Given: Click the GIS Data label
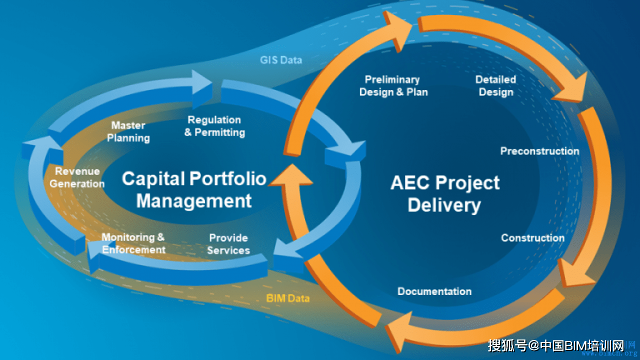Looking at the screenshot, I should (281, 60).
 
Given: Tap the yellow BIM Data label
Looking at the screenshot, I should (287, 298).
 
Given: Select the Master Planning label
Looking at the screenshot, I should (128, 131).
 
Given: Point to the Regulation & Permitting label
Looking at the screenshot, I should (214, 126).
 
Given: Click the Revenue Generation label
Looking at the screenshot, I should (77, 177).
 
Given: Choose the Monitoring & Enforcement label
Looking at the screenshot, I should (133, 243).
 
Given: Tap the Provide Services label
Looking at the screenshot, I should (228, 244).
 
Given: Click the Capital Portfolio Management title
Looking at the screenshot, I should (194, 189).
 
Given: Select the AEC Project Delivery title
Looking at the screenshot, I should (444, 193).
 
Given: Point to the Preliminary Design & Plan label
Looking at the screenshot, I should (393, 85).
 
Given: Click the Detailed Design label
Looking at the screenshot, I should (495, 85).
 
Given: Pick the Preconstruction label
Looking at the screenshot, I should (539, 151).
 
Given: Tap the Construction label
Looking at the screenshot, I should (532, 238).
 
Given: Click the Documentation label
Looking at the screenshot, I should (434, 291).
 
